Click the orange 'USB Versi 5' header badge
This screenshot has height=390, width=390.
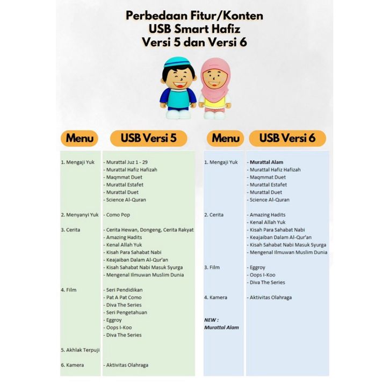pos(148,138)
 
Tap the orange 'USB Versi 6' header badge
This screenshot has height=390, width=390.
pos(287,138)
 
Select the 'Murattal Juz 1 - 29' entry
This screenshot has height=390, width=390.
pos(126,162)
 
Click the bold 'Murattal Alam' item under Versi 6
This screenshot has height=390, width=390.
pos(265,162)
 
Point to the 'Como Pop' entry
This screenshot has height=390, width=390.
pos(117,215)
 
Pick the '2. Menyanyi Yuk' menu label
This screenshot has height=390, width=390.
pos(80,215)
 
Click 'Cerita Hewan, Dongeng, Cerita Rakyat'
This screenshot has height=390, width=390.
pos(148,230)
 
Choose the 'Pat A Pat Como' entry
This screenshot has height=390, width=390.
pos(122,298)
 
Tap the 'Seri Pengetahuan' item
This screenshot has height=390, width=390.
pos(125,313)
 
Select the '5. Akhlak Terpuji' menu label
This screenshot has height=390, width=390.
pos(81,350)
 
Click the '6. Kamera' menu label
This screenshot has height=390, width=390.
pos(73,365)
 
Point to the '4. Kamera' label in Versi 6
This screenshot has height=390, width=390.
pos(215,298)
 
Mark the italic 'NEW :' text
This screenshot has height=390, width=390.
pos(212,320)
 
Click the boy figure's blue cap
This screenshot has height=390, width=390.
pos(177,62)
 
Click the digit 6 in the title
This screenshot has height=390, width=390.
pos(243,42)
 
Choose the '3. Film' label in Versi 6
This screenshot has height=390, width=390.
pos(212,268)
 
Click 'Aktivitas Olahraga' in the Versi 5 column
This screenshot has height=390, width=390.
pos(126,365)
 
